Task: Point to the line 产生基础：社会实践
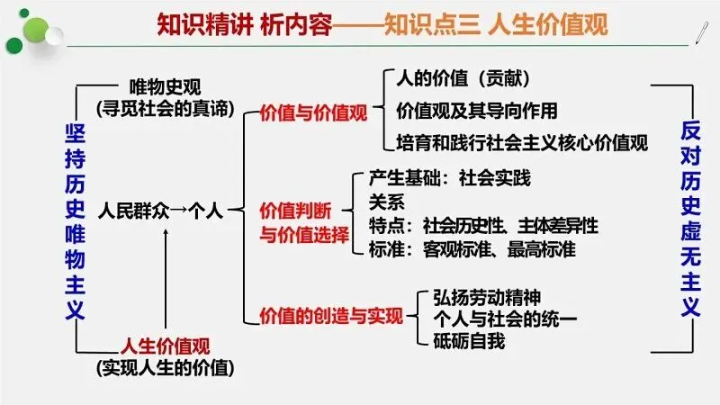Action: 450,177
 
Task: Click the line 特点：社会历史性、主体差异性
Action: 483,225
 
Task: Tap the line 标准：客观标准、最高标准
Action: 472,248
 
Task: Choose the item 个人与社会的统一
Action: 504,319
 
